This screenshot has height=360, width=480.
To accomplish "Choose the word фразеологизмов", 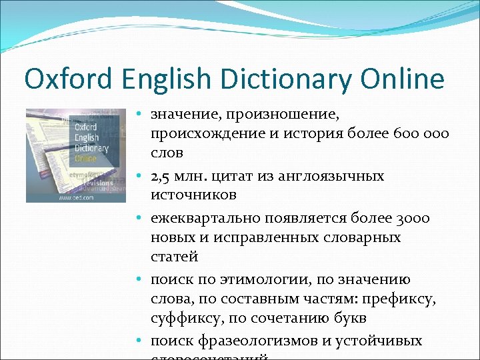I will click(x=255, y=341).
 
